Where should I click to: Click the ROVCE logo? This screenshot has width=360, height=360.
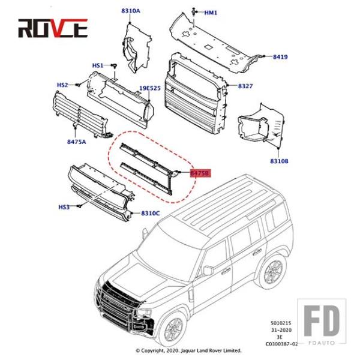(52, 28)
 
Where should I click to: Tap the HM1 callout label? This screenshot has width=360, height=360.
(211, 13)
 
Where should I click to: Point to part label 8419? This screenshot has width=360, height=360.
(280, 58)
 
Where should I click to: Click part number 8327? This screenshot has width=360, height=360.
(245, 86)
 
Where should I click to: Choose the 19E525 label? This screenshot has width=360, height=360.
(150, 88)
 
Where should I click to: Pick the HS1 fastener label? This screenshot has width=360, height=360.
(98, 65)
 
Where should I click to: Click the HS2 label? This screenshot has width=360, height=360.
(62, 85)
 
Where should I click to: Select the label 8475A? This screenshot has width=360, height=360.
(76, 142)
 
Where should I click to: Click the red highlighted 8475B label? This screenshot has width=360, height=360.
(199, 173)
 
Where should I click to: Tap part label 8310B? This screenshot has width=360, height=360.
(279, 161)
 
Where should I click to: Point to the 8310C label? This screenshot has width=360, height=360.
(150, 213)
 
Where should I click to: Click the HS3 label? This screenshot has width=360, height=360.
(64, 207)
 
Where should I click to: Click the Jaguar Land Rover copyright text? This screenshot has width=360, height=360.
(188, 350)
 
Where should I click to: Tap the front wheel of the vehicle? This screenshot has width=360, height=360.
(175, 329)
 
